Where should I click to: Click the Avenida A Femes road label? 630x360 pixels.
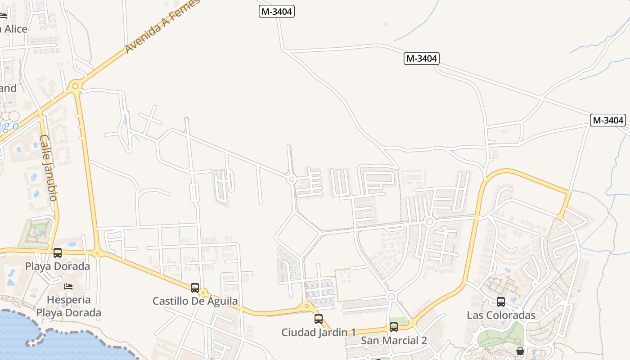coord(162,27)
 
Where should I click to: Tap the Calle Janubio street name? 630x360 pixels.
coord(49,167)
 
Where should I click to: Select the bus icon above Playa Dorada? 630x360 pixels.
coord(58,253)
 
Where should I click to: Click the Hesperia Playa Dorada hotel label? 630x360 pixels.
coord(69,306)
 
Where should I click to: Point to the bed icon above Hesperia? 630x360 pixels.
coord(68,287)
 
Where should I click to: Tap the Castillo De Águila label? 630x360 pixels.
coord(195,301)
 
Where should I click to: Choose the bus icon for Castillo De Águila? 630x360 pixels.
coord(195,288)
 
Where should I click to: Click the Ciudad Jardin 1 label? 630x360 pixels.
coord(319,333)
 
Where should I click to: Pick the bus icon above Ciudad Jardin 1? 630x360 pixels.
coord(319,319)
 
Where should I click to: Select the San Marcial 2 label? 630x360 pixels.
coord(394,341)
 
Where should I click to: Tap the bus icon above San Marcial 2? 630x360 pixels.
coord(394,327)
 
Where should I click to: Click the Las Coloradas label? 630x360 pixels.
coord(501,315)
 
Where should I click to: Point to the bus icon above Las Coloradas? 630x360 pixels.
coord(501,302)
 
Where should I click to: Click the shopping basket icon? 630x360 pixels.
coord(520,351)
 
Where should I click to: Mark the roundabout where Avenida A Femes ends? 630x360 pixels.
coord(75,85)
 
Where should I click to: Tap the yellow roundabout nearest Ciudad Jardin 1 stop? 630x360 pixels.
coord(307,306)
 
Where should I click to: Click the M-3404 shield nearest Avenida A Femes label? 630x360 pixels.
coord(277,12)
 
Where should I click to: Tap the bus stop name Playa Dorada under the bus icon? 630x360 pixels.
coord(58,266)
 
